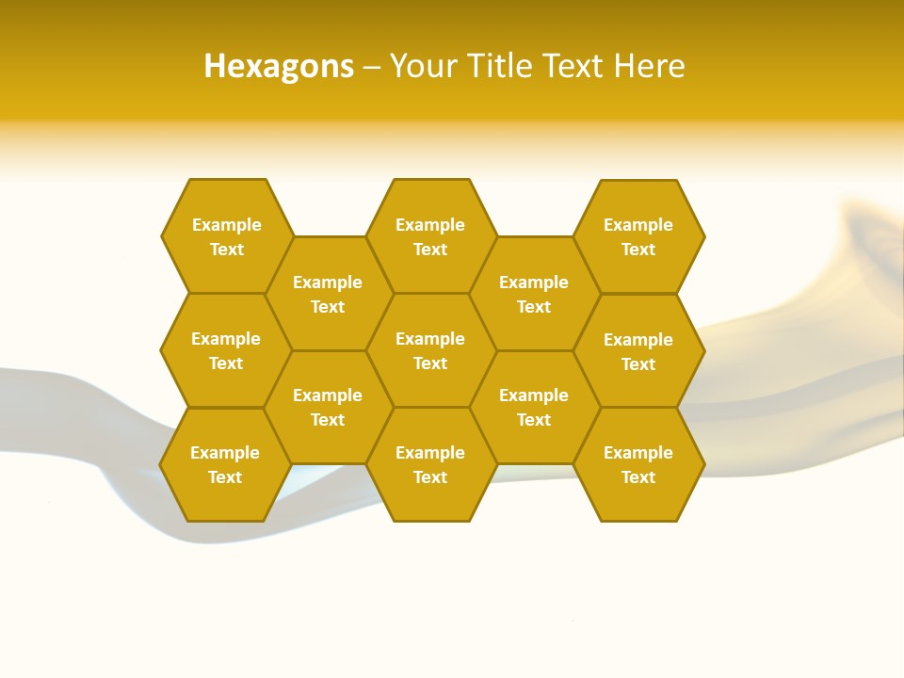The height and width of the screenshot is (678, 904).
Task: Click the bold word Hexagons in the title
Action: point(279,66)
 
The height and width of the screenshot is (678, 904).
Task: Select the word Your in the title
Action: point(423,66)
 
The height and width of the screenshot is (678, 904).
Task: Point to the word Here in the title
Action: point(649,66)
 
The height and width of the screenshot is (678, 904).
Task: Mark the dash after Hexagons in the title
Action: point(372,67)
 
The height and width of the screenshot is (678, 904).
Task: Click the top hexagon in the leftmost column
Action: point(226,236)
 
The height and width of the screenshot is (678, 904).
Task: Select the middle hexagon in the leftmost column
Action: point(226,350)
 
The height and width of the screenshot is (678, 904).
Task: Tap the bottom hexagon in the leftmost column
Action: point(225,464)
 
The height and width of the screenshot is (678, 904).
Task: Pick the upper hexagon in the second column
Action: point(328,294)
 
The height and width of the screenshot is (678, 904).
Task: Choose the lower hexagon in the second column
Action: point(328,407)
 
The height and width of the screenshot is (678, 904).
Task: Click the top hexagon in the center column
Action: point(430,236)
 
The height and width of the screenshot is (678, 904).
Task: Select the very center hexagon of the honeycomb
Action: point(430,350)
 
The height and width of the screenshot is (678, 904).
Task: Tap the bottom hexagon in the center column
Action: point(430,464)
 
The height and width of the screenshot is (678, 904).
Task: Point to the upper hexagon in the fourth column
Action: point(534,294)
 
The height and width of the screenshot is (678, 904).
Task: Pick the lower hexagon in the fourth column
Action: point(534,407)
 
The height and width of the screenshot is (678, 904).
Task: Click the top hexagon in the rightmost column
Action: point(638,236)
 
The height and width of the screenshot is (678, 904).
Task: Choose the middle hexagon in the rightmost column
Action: point(638,351)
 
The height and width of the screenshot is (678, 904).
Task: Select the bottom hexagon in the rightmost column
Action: point(638,464)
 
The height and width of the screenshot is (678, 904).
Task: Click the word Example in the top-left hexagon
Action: point(226,225)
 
